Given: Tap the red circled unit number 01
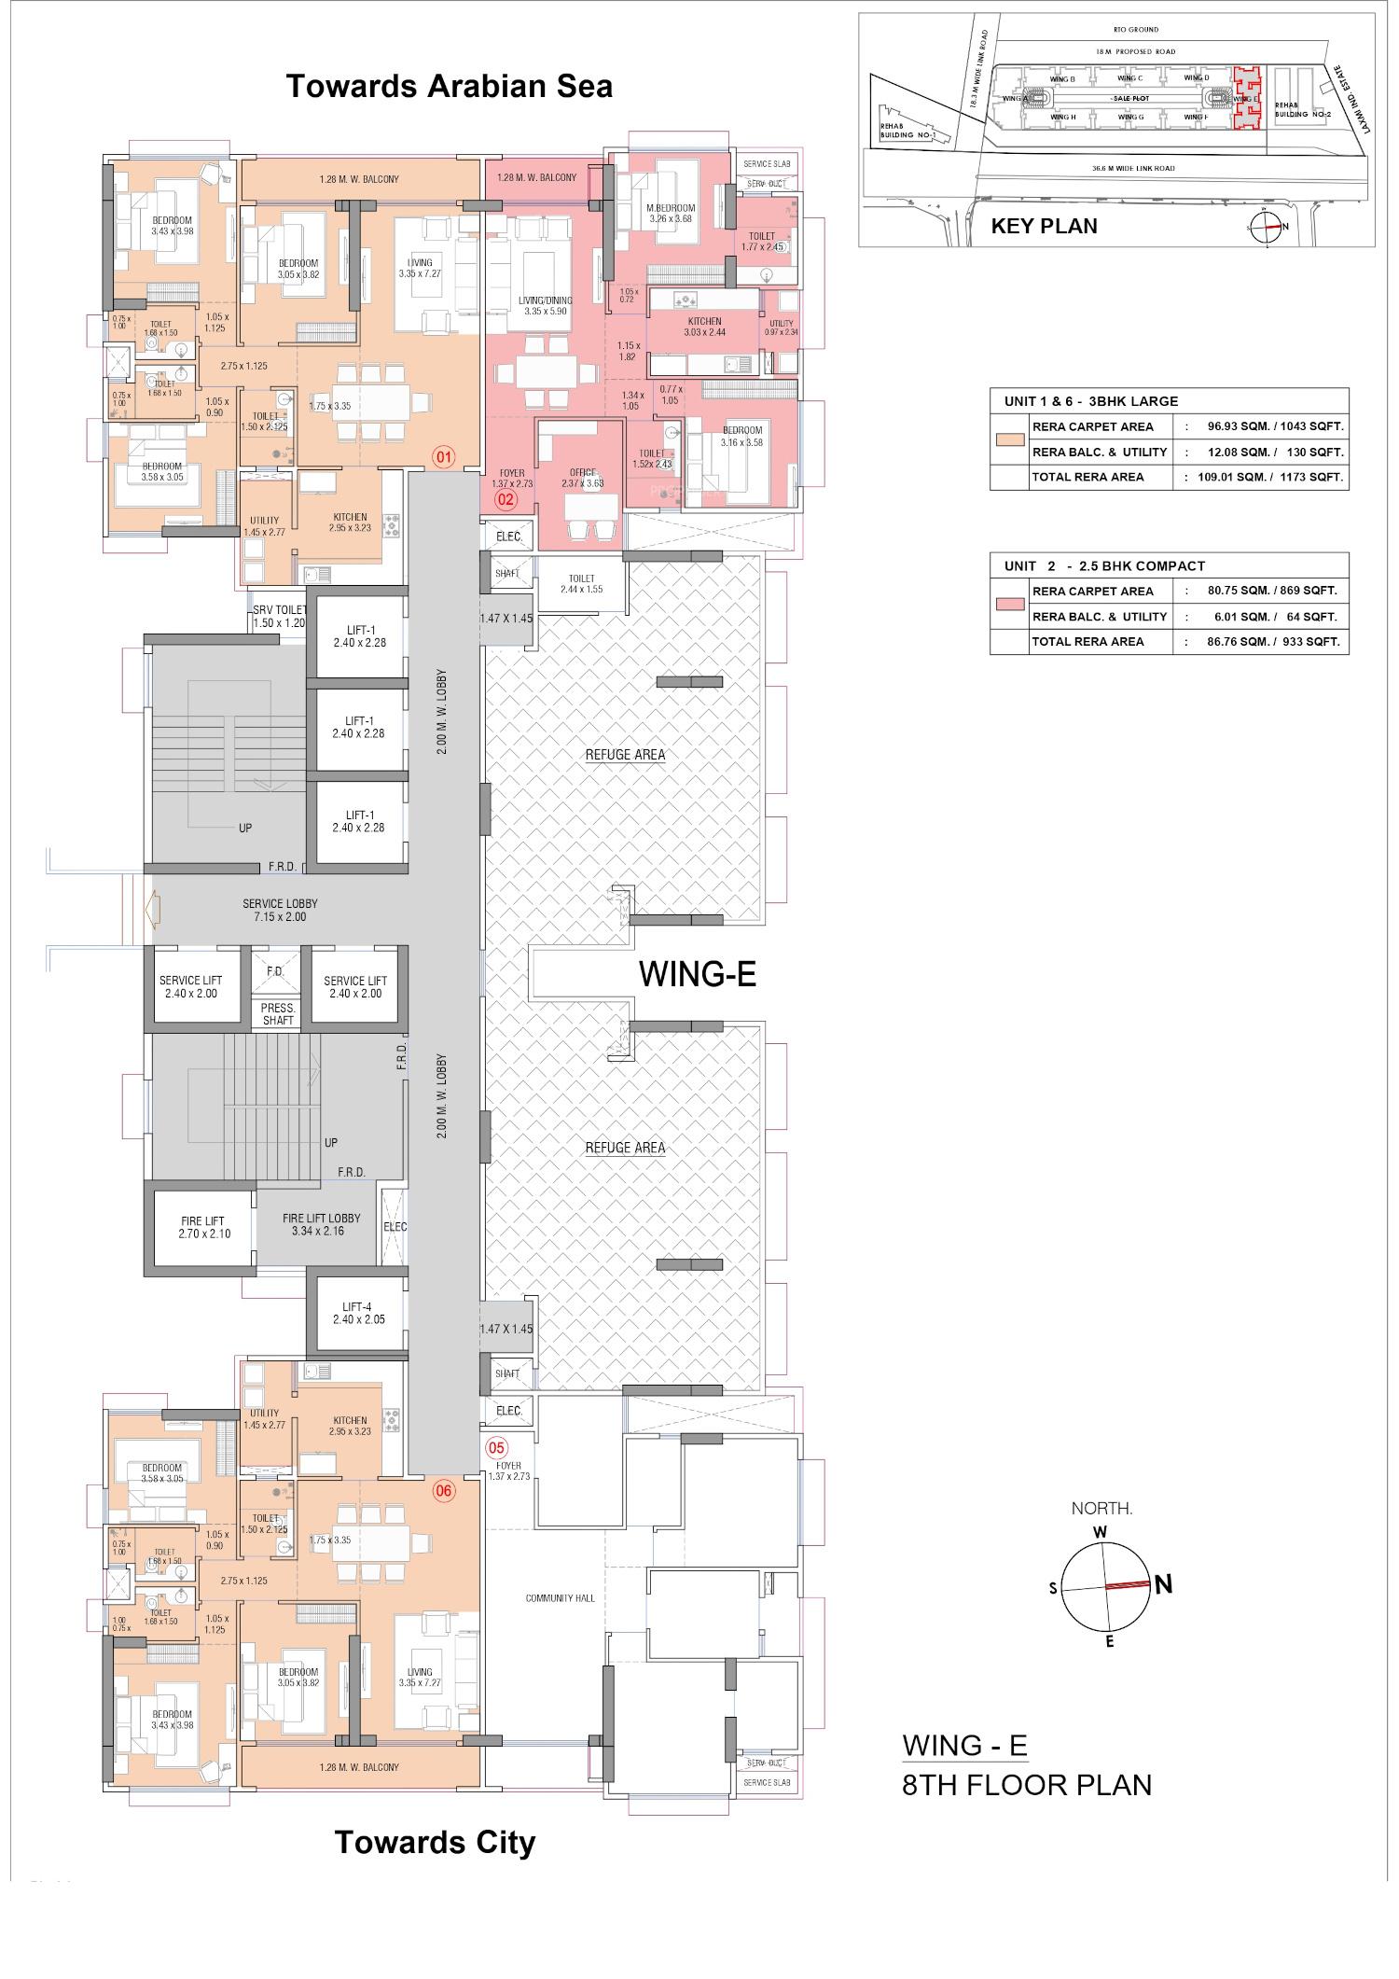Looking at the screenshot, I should coord(443,457).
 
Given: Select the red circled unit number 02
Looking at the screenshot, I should coord(506,499).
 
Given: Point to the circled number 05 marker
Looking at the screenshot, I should coord(496,1448).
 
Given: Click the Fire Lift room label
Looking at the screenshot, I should coord(203,1227).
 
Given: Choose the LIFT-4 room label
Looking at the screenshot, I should coord(358,1313).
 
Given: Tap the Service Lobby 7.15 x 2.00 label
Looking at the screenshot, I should coord(280,910).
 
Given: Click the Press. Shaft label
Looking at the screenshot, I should coord(278,1014).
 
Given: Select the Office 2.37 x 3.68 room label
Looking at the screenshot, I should coord(582,478).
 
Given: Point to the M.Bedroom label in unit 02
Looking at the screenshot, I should coord(671,213).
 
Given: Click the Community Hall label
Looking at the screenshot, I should coord(560,1599).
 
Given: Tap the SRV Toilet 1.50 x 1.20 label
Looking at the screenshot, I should coord(279,616).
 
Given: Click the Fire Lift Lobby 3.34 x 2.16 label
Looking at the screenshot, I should coord(322,1224).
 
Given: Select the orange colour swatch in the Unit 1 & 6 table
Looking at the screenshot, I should coord(1009,439).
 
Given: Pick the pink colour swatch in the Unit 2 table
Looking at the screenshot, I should coord(1009,604).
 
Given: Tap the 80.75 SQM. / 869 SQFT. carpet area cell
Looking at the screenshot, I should coord(1271,591).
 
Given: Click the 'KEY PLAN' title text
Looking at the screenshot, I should coord(1044,226).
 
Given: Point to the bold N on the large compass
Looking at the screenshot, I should coord(1162,1584).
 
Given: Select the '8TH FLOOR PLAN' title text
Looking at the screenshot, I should coord(1027,1785).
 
